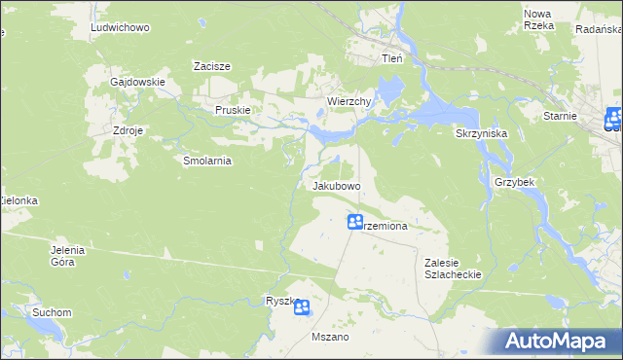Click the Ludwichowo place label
tap(120, 28)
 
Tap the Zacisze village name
tap(211, 66)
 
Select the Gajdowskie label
tap(137, 82)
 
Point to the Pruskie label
tap(234, 110)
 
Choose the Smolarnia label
tap(206, 161)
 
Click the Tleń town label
tap(390, 58)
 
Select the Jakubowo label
tap(337, 185)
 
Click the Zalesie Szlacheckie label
tap(454, 269)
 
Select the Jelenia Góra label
tap(68, 256)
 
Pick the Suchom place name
tap(52, 312)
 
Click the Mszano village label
tap(329, 337)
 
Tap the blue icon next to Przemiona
tap(355, 223)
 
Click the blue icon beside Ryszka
tap(302, 308)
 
